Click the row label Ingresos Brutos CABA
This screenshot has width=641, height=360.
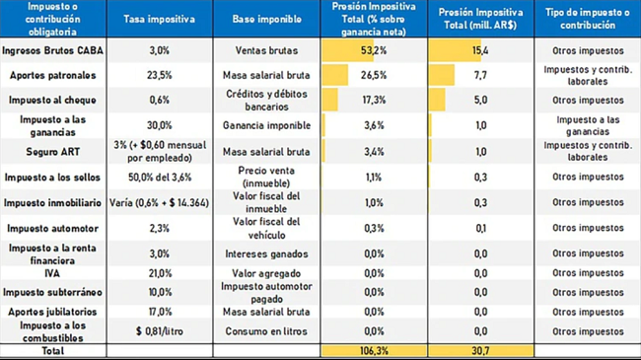[52, 50]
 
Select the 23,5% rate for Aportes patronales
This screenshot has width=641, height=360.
[160, 75]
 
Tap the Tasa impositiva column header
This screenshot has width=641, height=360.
[160, 19]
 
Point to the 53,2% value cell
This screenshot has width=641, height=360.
[374, 50]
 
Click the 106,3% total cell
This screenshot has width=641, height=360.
[374, 350]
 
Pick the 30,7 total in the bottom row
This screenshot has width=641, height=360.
[481, 350]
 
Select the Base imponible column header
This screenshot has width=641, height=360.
[266, 19]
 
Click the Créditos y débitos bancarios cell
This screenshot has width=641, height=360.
[266, 101]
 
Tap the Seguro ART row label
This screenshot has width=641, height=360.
[52, 152]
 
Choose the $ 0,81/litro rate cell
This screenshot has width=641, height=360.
[160, 331]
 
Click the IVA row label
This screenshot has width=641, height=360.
[52, 273]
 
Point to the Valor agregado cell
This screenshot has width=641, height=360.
[266, 273]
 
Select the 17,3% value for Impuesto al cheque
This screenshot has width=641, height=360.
[374, 101]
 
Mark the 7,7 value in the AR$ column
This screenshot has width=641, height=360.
[481, 75]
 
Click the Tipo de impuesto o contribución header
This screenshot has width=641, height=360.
[588, 19]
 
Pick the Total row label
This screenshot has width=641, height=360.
[52, 350]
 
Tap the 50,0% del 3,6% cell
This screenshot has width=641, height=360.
[160, 178]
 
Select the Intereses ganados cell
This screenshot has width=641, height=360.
[266, 254]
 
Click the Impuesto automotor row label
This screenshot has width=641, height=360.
[52, 228]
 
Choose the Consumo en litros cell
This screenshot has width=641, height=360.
[266, 331]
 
